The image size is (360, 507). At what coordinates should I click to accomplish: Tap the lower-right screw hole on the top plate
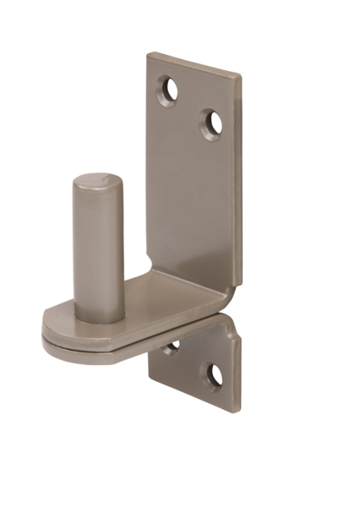click(x=211, y=123)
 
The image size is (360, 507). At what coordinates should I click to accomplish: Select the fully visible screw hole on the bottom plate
click(x=214, y=375)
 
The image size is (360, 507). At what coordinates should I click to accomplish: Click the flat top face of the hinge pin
click(x=97, y=183)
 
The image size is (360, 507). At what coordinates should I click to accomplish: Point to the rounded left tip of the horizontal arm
click(x=44, y=325)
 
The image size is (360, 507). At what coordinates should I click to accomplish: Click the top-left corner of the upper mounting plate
click(x=148, y=56)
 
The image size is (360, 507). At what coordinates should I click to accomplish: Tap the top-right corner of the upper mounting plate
click(x=240, y=77)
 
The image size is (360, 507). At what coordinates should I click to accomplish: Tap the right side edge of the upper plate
click(x=237, y=186)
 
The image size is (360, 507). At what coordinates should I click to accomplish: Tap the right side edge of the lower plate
click(x=237, y=372)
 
